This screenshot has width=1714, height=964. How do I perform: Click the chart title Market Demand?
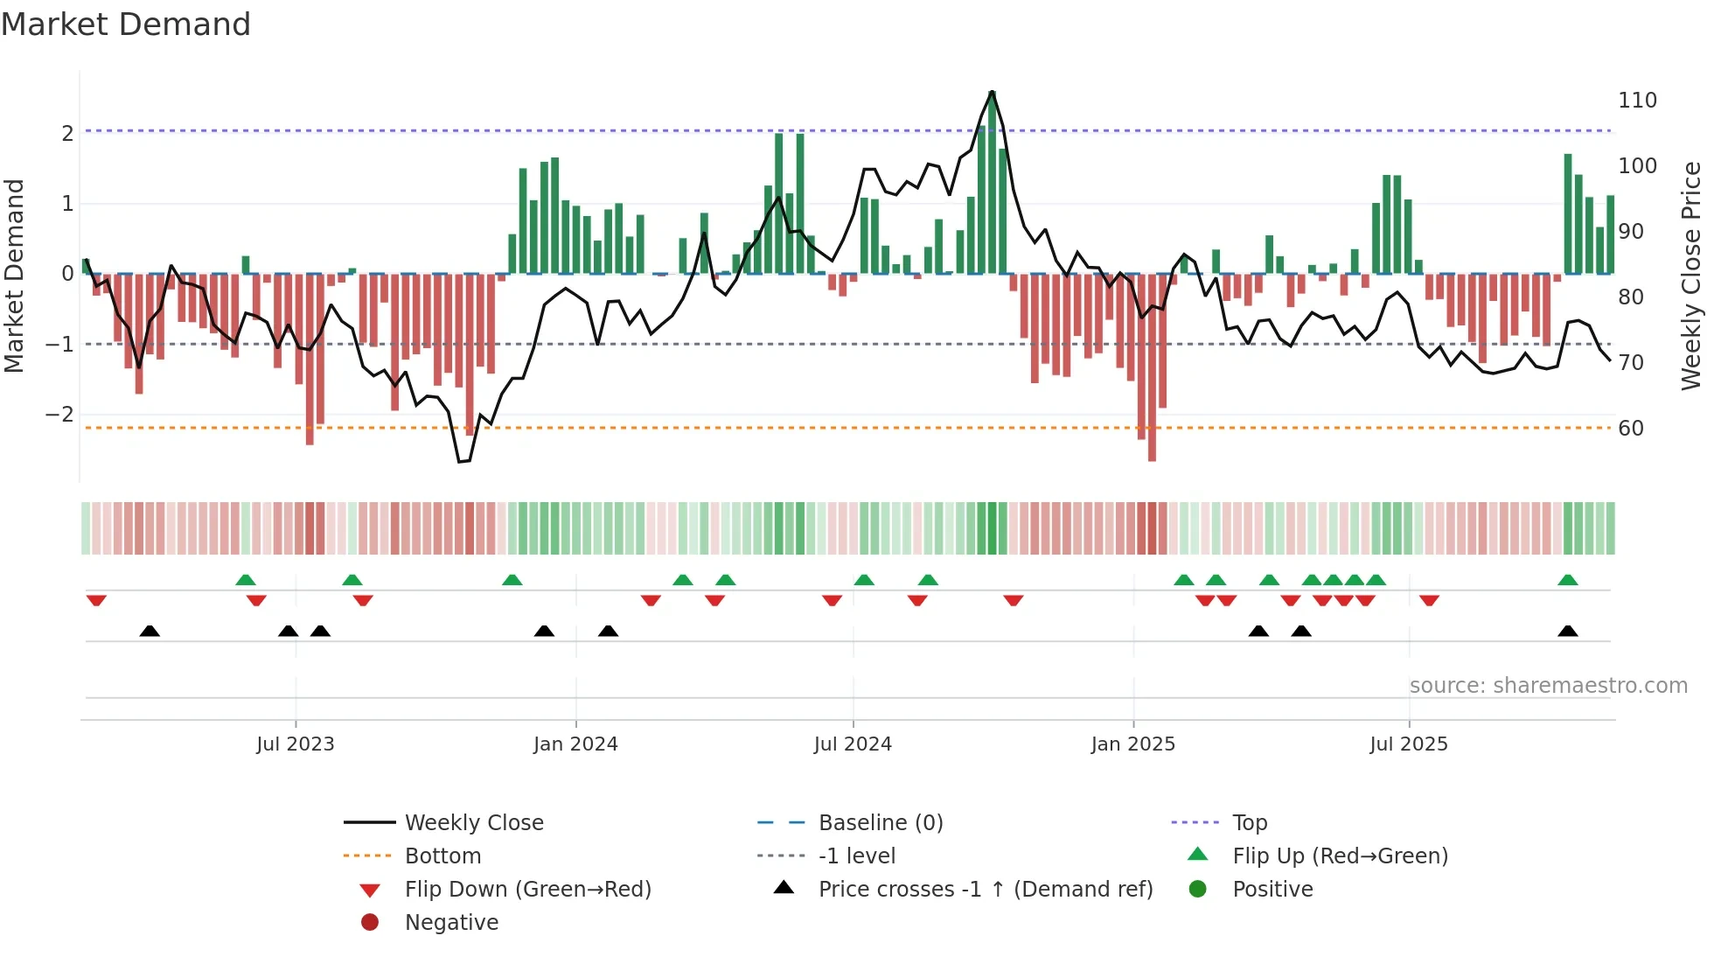(x=126, y=24)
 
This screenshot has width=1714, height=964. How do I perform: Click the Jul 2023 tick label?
(x=296, y=744)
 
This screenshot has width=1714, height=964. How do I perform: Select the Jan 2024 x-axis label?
(x=575, y=744)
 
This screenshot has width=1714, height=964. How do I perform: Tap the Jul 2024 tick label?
(x=853, y=744)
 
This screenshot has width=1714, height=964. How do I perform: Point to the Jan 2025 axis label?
(x=1133, y=744)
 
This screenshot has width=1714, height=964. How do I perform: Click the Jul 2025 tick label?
(x=1409, y=744)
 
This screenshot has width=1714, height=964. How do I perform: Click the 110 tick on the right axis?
(x=1637, y=101)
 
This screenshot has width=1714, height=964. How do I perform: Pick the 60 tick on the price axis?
(x=1631, y=429)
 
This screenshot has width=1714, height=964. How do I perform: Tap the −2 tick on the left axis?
(x=59, y=414)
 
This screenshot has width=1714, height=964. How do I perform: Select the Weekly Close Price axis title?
(x=1691, y=276)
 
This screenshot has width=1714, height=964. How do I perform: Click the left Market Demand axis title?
(x=14, y=276)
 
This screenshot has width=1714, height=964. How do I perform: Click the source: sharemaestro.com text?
(x=1548, y=686)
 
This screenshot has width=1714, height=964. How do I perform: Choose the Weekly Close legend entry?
(x=473, y=823)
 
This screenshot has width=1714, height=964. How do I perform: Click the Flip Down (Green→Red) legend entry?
(x=527, y=890)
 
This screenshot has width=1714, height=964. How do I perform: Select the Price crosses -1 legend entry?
(x=985, y=890)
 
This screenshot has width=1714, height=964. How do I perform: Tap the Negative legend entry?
(x=451, y=923)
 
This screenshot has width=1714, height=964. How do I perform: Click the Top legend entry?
(x=1250, y=823)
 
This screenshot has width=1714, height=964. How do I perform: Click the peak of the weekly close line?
(x=992, y=91)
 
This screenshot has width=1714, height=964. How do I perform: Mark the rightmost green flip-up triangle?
(x=1568, y=580)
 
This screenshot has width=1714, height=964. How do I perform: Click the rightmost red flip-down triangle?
(x=1430, y=600)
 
